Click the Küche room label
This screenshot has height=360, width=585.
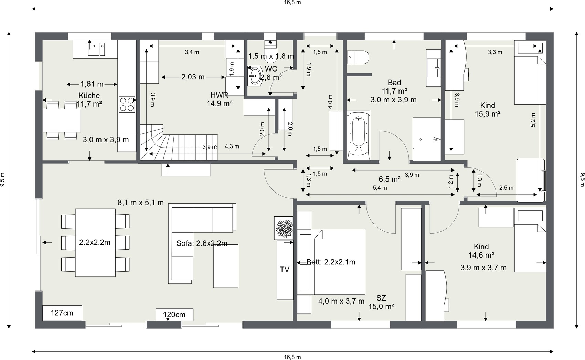[x=89, y=96]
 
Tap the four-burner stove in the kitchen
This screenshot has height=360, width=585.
[x=127, y=104]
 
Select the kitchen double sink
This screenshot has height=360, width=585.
[x=96, y=49]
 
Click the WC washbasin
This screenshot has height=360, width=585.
[x=255, y=75]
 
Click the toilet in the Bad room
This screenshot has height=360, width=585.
[x=358, y=57]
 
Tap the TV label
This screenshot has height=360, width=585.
[x=285, y=270]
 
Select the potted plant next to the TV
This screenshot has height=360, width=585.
[x=284, y=228]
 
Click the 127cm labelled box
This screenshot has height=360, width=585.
[x=62, y=313]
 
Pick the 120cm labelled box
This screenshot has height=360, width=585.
[x=174, y=315]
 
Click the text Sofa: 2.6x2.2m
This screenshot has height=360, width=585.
[x=202, y=243]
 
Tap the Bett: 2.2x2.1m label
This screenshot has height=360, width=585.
[x=331, y=262]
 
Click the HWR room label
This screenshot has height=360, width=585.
[x=219, y=95]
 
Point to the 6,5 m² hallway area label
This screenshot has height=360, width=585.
[x=389, y=179]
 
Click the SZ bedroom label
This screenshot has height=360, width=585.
[x=381, y=298]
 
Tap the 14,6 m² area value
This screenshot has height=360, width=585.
[x=481, y=255]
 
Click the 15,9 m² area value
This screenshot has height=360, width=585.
[x=487, y=114]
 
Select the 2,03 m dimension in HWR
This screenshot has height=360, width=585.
[x=193, y=77]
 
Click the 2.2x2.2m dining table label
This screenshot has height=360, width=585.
[x=95, y=242]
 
